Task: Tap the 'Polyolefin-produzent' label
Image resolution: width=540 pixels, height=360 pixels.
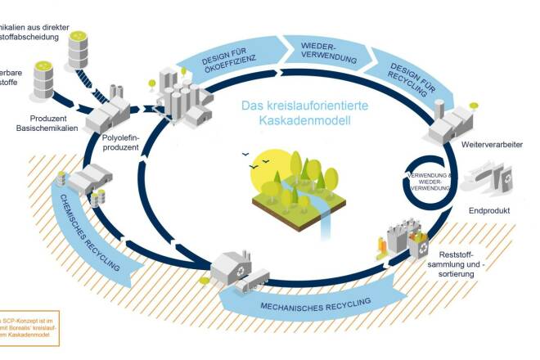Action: (x=120, y=143)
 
